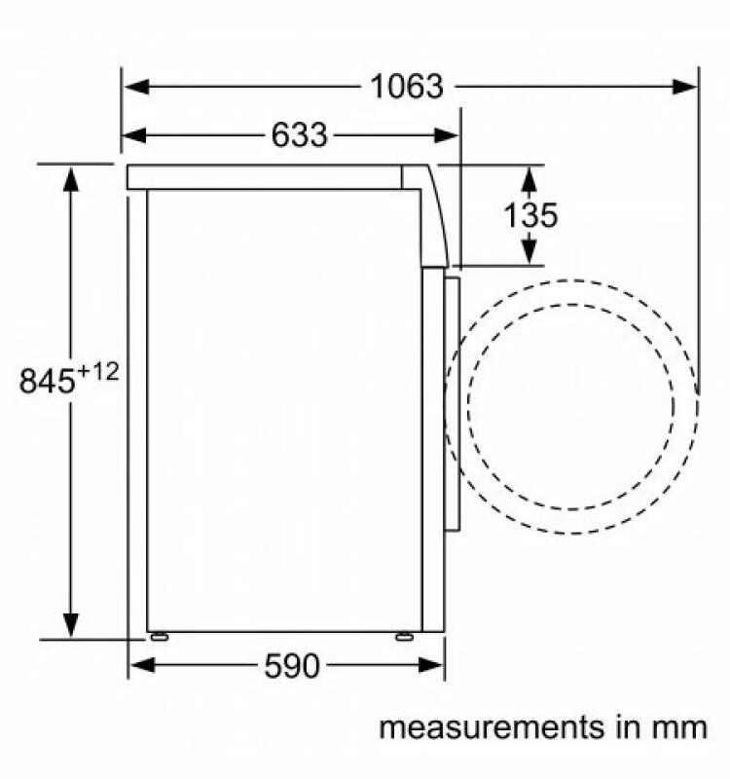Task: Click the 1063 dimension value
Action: coord(406,87)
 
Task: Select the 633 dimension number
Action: coord(300,134)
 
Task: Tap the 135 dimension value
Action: coord(530,215)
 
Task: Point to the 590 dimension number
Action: coord(291,666)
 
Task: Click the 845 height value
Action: coord(47,381)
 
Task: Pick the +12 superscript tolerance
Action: coord(98,372)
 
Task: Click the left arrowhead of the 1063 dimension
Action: coord(137,87)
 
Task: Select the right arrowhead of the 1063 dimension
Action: coord(685,87)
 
